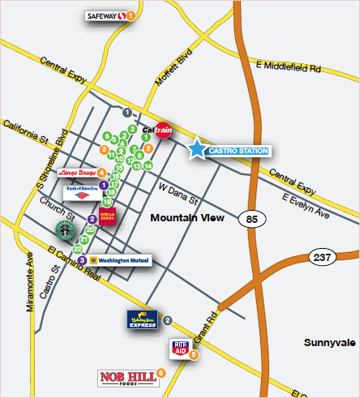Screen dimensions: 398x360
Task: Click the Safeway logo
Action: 105,15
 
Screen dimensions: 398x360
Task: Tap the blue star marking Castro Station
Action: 197,149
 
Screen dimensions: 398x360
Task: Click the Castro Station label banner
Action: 238,151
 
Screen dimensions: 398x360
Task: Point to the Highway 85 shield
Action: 250,219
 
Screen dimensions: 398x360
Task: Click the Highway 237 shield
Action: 321,258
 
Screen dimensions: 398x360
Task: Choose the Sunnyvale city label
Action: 330,343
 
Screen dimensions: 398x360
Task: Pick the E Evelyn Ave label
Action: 308,203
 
